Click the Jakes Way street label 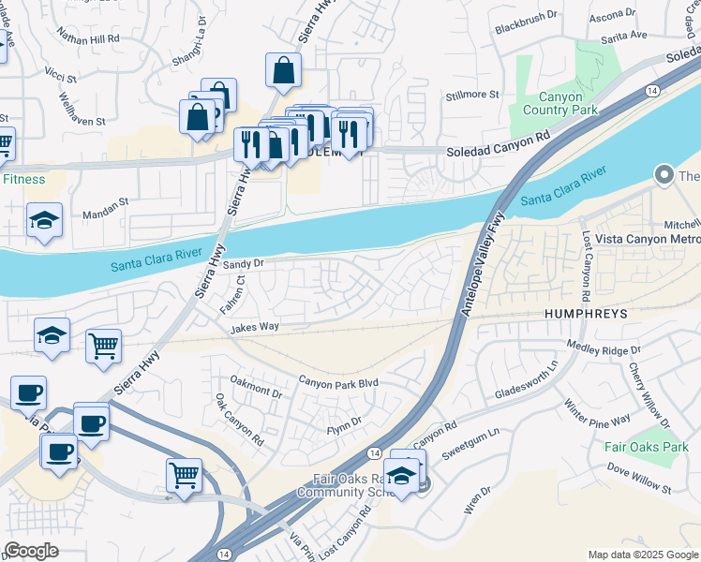(256, 328)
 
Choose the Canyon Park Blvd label (337, 382)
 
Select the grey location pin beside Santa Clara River (664, 175)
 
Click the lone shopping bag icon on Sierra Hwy (283, 70)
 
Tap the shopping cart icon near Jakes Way (104, 345)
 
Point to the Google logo (31, 551)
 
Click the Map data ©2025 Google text (643, 555)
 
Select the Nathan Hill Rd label (88, 39)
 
